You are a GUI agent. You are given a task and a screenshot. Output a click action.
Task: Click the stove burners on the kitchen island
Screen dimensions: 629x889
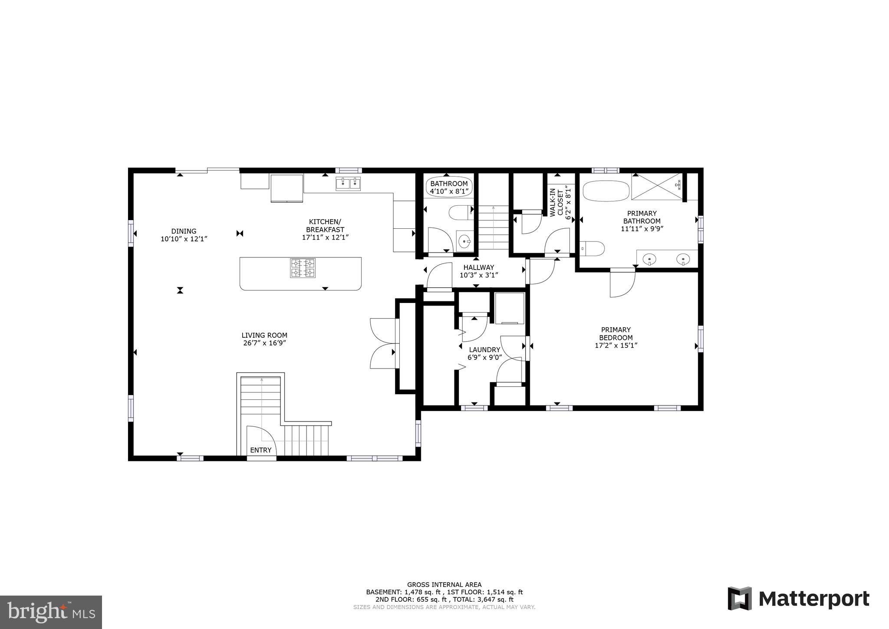(303, 268)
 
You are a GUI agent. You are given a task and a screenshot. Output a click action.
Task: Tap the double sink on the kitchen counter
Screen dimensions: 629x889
(348, 184)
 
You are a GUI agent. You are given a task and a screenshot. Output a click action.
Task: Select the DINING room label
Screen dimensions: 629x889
(184, 231)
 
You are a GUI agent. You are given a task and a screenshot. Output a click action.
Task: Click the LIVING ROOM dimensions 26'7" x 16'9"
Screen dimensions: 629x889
(264, 343)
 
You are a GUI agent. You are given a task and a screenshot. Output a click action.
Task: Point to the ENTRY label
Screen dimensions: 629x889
(260, 450)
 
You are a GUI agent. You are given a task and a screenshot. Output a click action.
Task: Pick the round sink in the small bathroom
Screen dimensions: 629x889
(465, 240)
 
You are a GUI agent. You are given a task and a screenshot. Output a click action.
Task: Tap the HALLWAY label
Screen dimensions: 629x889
(478, 267)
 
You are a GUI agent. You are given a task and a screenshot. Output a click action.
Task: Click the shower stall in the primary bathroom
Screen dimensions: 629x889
(657, 186)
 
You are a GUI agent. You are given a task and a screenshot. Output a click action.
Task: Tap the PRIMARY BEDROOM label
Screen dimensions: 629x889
(616, 334)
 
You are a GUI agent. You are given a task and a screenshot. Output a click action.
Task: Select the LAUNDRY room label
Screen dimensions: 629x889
(484, 350)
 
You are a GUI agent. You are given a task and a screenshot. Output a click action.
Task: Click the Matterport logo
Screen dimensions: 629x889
(799, 599)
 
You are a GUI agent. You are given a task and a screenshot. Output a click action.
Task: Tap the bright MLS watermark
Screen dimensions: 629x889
(51, 612)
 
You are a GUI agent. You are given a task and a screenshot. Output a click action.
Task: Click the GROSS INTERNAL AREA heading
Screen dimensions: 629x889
(444, 585)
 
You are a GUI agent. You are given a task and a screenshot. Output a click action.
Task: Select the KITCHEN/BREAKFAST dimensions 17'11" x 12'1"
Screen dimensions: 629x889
(325, 237)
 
